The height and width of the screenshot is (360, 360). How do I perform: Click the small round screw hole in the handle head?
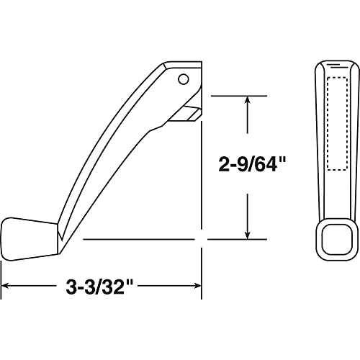[182, 78]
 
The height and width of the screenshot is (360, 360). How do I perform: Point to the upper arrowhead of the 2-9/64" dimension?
[248, 101]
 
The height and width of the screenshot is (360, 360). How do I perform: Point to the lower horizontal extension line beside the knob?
[144, 238]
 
